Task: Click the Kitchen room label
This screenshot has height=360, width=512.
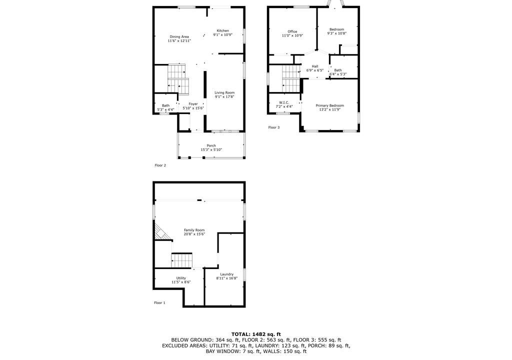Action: (x=222, y=30)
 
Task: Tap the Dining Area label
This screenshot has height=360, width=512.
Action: (x=179, y=37)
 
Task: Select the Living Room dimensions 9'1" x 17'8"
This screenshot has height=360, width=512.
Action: (x=224, y=97)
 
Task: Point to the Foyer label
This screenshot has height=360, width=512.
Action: (x=193, y=104)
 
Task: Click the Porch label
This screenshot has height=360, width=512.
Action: (x=211, y=145)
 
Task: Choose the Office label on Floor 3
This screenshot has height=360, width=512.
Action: (x=292, y=31)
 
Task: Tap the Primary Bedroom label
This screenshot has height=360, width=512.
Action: (x=330, y=105)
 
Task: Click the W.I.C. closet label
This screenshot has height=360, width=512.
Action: (x=284, y=102)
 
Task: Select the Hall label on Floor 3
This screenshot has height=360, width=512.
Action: (x=315, y=66)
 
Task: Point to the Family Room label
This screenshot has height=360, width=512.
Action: (x=194, y=230)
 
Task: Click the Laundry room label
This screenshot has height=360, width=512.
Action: (x=227, y=274)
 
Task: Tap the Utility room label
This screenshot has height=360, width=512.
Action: (x=181, y=278)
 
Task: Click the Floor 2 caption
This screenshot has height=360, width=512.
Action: (x=160, y=165)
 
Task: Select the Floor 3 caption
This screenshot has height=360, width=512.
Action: (x=274, y=127)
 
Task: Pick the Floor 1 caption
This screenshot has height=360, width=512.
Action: (x=159, y=303)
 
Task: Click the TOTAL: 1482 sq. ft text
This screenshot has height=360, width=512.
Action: (x=256, y=334)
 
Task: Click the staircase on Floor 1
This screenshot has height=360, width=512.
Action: (x=182, y=260)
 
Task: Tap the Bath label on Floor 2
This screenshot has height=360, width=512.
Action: (x=166, y=105)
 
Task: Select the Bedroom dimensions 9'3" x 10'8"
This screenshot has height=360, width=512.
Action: (x=337, y=33)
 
